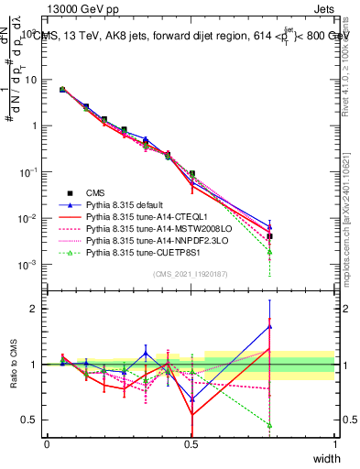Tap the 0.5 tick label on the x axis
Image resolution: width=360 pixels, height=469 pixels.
[191, 443]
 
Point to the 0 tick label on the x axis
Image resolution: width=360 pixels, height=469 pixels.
[47, 443]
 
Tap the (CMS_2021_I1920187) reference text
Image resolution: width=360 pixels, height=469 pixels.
[191, 274]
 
